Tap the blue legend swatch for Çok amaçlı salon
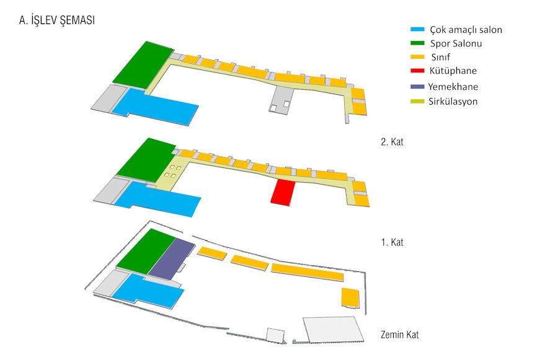417,29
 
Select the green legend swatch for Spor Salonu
417,43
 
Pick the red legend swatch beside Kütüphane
417,71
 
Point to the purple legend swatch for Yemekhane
417,87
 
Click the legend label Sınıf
441,57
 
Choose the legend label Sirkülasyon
453,102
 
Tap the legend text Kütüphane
453,71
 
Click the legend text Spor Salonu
456,43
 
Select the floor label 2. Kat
392,142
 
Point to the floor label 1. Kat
392,242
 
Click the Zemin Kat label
400,335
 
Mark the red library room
283,192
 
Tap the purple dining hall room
172,259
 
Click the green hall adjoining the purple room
146,252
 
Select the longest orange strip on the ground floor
308,272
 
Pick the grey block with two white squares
281,100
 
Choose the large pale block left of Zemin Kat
333,330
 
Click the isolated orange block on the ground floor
350,297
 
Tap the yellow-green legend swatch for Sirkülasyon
417,102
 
